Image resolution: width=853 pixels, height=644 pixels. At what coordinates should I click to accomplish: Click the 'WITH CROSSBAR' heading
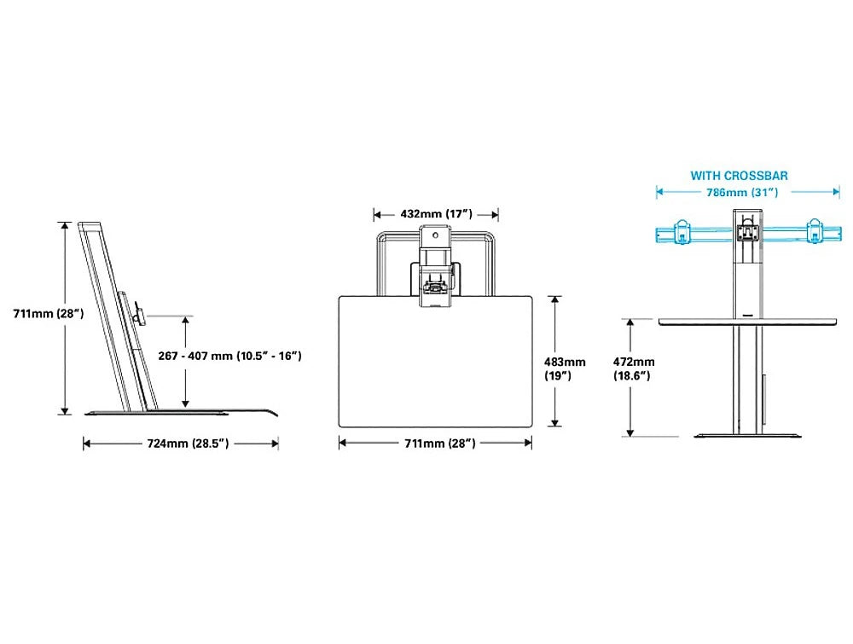click(739, 176)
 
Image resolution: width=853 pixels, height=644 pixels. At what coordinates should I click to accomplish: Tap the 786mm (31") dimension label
click(742, 193)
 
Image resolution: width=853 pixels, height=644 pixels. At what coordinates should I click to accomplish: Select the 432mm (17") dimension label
click(436, 214)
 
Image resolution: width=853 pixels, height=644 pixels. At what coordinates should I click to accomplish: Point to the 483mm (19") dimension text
click(565, 368)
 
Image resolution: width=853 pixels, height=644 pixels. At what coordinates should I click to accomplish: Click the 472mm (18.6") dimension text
click(634, 368)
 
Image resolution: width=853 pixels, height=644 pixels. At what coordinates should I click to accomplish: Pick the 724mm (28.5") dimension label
click(188, 444)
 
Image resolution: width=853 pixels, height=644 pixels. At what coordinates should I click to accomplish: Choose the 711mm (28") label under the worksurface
click(439, 444)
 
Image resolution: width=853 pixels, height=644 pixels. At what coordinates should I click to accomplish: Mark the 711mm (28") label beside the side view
click(49, 313)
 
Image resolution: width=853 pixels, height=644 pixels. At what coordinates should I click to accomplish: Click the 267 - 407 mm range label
click(229, 356)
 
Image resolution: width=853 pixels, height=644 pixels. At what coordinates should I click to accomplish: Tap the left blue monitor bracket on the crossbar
click(681, 231)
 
